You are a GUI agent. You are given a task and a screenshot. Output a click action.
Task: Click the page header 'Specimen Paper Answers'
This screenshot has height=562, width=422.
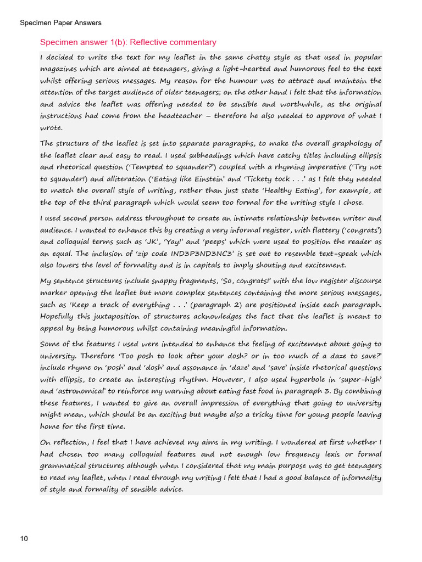60,23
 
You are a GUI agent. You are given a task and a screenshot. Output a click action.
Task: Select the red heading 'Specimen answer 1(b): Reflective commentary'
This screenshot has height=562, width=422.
128,42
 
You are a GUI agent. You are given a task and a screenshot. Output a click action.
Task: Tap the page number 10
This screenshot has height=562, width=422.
24,539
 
